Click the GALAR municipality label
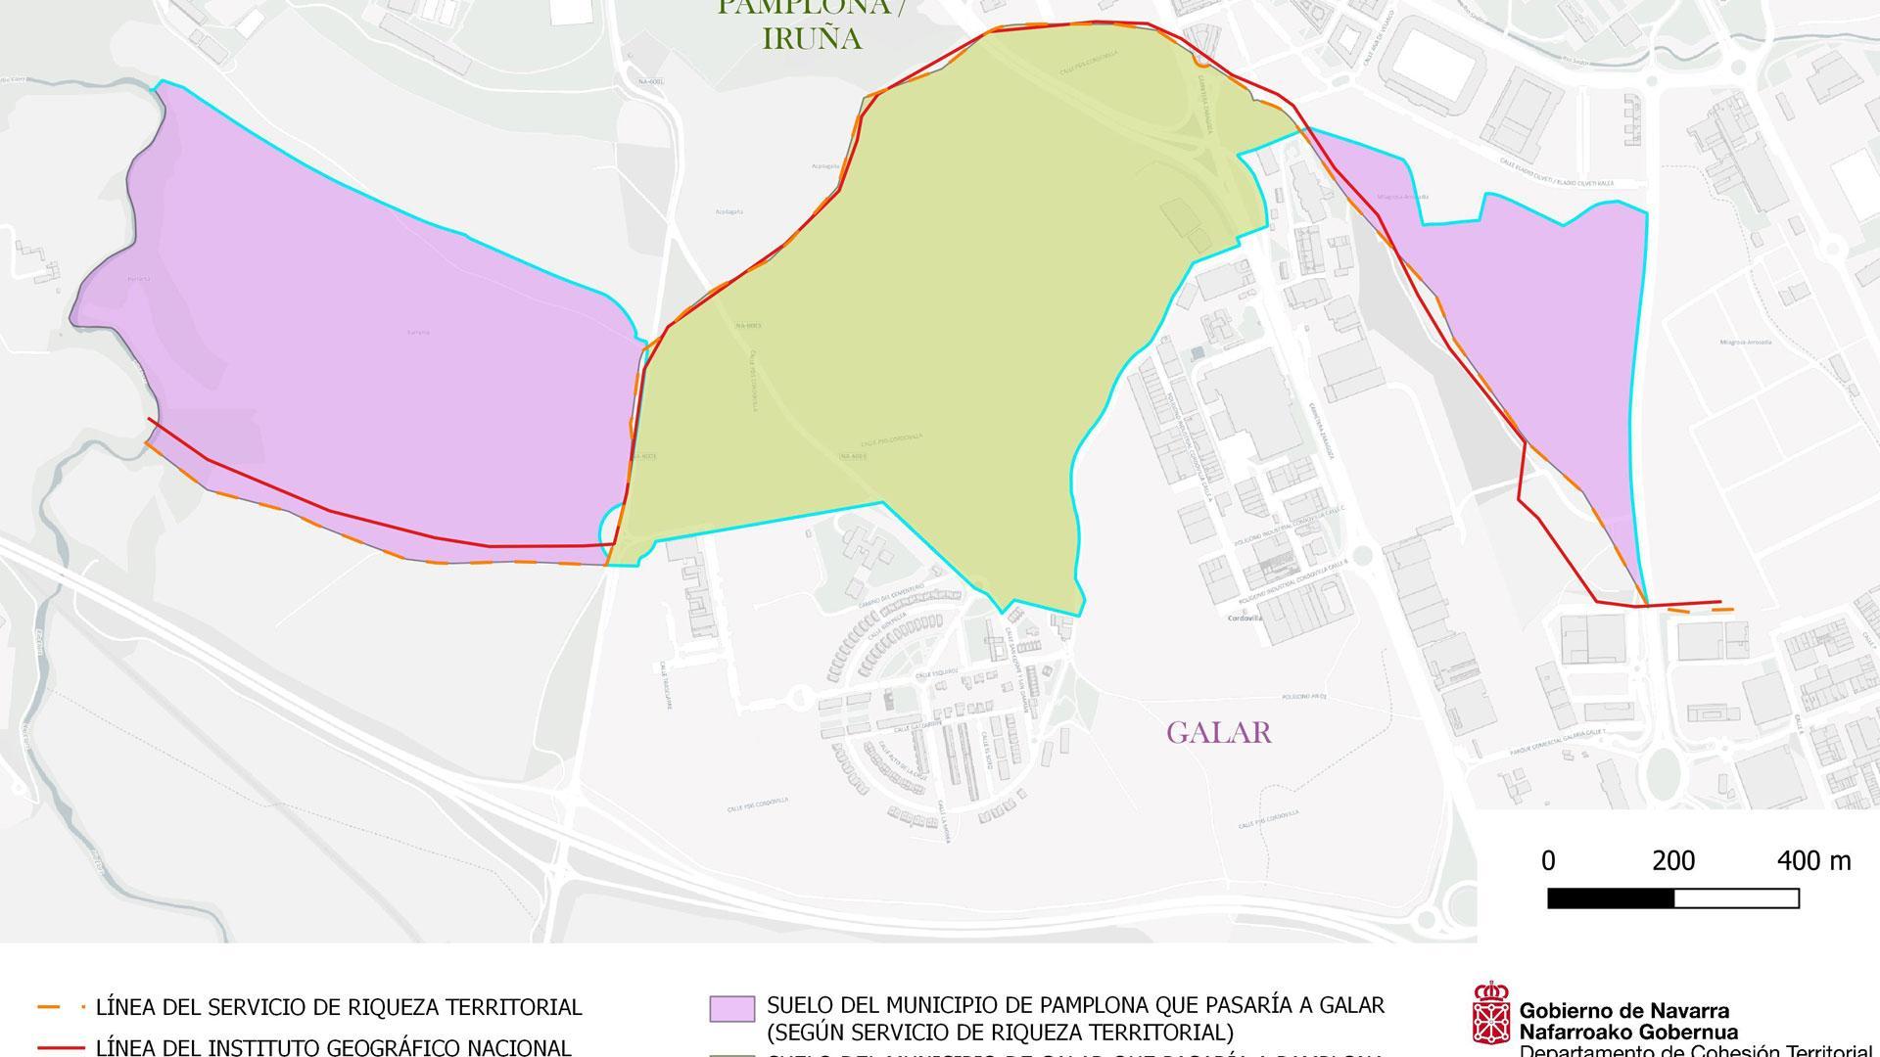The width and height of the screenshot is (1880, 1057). (1218, 732)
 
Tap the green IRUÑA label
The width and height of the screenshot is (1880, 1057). (812, 39)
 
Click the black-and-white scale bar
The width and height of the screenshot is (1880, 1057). (1672, 897)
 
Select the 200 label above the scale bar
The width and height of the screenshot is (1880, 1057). (1673, 861)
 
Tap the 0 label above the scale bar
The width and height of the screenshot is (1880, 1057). (1548, 861)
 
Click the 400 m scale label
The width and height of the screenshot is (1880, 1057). (1813, 861)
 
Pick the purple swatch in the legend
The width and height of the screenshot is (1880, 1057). (731, 1009)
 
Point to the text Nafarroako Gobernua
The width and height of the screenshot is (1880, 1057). (1628, 1032)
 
